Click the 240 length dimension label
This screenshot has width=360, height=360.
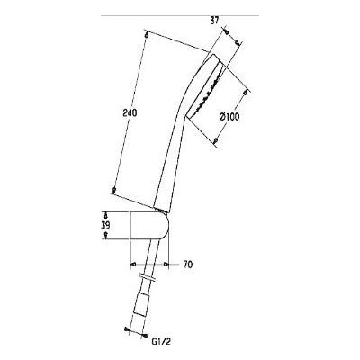pyautogui.click(x=130, y=113)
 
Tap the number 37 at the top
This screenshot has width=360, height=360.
pyautogui.click(x=215, y=20)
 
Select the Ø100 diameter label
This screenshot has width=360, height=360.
pyautogui.click(x=229, y=117)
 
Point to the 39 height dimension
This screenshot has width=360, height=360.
pyautogui.click(x=105, y=226)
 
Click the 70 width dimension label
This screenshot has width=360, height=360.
pyautogui.click(x=188, y=265)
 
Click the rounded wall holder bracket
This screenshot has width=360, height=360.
pyautogui.click(x=149, y=226)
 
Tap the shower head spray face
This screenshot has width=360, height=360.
pyautogui.click(x=205, y=89)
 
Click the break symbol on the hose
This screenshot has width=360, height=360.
pyautogui.click(x=148, y=276)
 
